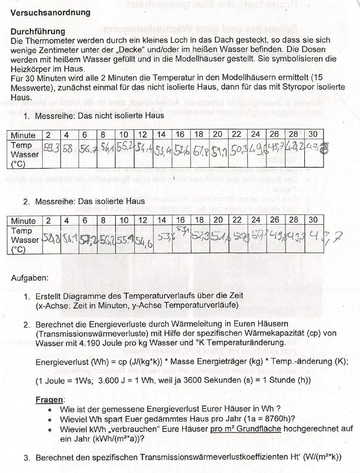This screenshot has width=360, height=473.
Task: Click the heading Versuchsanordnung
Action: [x=50, y=12]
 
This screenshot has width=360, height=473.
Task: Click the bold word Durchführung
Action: [x=38, y=32]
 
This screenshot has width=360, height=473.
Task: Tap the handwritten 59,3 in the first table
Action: [x=52, y=149]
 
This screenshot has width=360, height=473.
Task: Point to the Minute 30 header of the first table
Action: [x=313, y=134]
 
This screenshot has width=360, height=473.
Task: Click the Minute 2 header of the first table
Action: [x=48, y=135]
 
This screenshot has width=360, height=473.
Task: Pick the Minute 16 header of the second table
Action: [x=180, y=221]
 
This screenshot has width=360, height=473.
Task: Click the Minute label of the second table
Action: [x=23, y=221]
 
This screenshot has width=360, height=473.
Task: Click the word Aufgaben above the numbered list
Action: [x=29, y=278]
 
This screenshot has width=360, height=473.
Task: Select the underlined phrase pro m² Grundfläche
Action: [x=246, y=428]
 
